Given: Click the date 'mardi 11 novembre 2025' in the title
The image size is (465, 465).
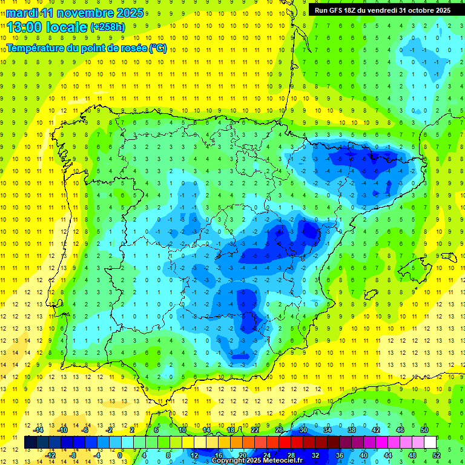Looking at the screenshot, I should coord(75,13).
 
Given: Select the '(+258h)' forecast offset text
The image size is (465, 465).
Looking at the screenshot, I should coord(108,27).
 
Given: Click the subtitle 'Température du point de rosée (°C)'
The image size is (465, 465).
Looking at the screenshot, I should coord(87,48).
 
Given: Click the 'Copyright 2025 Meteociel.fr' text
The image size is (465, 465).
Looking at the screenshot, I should coord(257,461).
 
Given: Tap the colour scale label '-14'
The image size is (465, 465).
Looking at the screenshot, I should coord(39,430).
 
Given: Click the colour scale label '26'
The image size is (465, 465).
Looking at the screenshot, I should coord(279,430).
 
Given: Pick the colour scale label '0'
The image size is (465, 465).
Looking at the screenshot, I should coord(120,455).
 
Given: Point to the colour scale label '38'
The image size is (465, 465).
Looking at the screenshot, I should coord(352,430).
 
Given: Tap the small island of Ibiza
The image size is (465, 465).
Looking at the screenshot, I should coord(369,295).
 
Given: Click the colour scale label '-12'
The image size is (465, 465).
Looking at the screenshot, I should coord(51,455).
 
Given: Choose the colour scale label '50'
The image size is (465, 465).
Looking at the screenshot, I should coord(424,430).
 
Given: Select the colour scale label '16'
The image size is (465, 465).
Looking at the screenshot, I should coord(219,455).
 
